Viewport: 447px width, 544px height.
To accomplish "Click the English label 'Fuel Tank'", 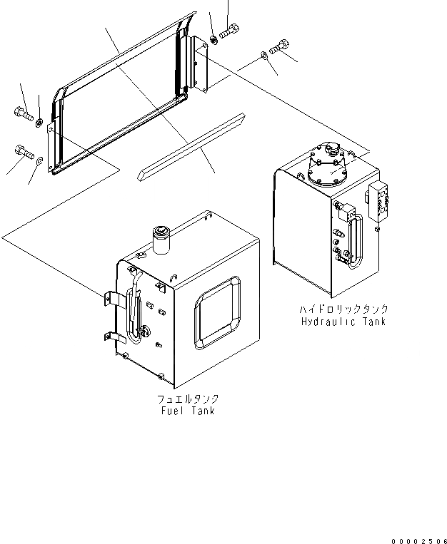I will click(188, 411).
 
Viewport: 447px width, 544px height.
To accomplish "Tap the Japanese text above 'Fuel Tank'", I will click(188, 399).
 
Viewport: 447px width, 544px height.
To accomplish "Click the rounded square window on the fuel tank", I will click(217, 313).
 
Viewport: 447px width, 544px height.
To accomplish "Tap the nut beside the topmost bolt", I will click(214, 39).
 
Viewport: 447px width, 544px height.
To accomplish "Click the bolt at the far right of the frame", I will click(278, 47).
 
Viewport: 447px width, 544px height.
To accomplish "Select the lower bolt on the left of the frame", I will click(23, 151).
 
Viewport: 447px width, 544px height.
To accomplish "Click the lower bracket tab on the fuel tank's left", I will click(112, 336).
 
